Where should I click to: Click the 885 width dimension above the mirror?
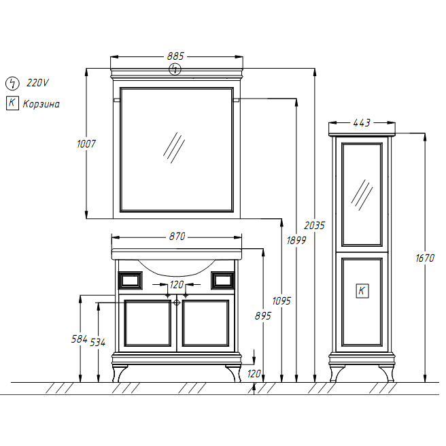tap(175, 56)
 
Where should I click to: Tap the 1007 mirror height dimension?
tap(86, 143)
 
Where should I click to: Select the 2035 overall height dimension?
tap(314, 226)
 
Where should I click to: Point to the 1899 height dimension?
tap(296, 241)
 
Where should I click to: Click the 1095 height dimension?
tap(281, 301)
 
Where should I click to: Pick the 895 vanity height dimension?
tap(263, 315)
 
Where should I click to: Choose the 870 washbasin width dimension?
tap(177, 236)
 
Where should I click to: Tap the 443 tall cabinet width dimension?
tap(362, 122)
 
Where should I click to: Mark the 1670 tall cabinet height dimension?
tap(425, 258)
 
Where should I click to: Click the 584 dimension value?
tap(80, 339)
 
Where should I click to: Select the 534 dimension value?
tap(98, 342)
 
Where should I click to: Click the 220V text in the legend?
tap(37, 83)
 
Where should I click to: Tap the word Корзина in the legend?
tap(41, 104)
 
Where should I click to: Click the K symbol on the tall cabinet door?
tap(362, 291)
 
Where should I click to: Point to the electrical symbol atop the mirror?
tap(175, 69)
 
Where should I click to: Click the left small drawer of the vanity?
tap(131, 281)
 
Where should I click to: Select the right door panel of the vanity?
tap(205, 323)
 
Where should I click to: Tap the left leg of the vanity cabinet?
tap(119, 373)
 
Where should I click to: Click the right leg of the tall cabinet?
tap(388, 373)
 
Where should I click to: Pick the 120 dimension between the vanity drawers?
tap(177, 284)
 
